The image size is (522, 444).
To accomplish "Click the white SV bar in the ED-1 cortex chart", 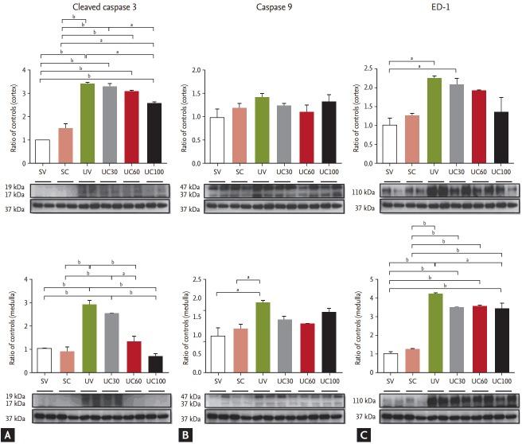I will [390, 143].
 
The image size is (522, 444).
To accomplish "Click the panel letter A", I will [9, 434].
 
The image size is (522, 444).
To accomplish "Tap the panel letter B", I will [187, 434].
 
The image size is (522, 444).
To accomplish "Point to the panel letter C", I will [365, 434].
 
